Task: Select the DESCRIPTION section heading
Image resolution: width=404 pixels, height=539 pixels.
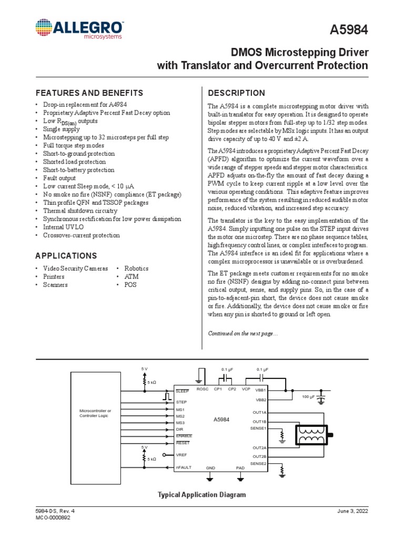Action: click(237, 93)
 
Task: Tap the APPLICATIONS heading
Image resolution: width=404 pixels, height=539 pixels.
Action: click(66, 256)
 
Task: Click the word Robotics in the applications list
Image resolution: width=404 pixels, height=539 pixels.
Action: click(136, 268)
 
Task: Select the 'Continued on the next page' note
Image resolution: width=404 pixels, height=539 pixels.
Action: click(243, 333)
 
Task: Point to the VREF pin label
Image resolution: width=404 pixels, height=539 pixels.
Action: click(181, 454)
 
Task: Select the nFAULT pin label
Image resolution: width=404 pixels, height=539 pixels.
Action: click(184, 467)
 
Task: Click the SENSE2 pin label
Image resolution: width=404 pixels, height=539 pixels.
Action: click(259, 463)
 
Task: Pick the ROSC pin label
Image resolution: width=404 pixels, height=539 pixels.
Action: click(203, 389)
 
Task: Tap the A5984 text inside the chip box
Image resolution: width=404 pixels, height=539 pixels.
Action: click(221, 420)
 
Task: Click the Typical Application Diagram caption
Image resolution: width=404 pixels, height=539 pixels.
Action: click(202, 495)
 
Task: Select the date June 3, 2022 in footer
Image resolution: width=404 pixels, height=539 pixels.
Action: click(353, 511)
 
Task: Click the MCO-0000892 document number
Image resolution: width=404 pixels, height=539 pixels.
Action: click(53, 518)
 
